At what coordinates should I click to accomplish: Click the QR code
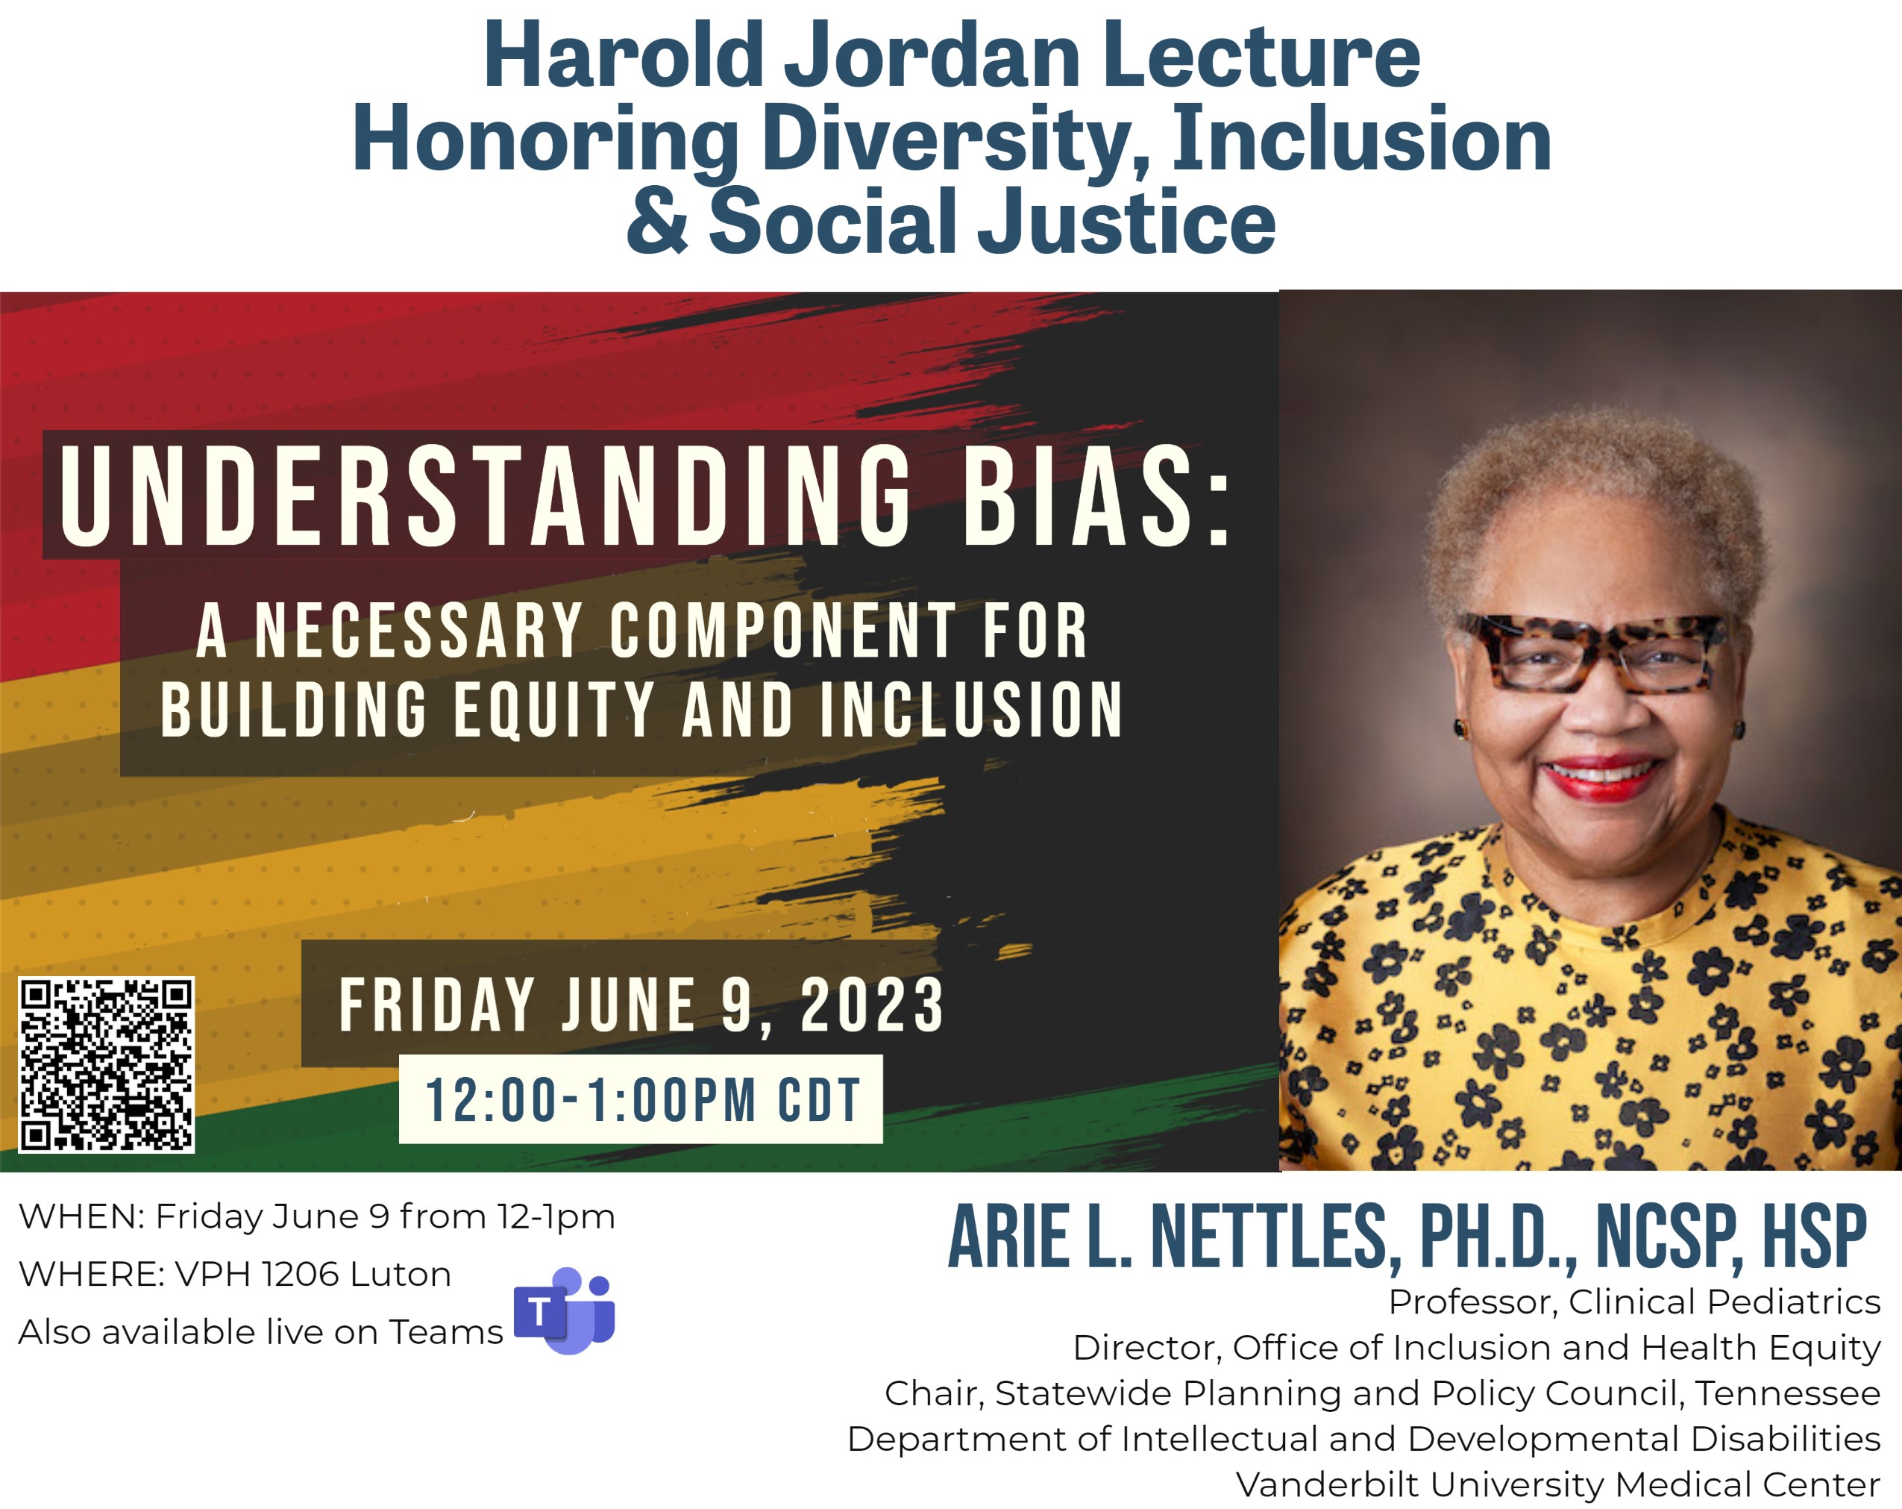point(106,1064)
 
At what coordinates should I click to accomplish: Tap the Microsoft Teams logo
point(565,1310)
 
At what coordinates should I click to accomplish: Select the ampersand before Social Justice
point(656,221)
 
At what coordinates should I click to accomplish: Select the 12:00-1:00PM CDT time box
point(641,1099)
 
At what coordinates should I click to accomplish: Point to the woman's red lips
point(1601,778)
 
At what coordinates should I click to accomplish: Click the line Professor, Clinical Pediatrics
point(1633,1302)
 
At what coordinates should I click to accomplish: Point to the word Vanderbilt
point(1328,1484)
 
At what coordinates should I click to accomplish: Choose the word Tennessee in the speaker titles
point(1787,1393)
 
